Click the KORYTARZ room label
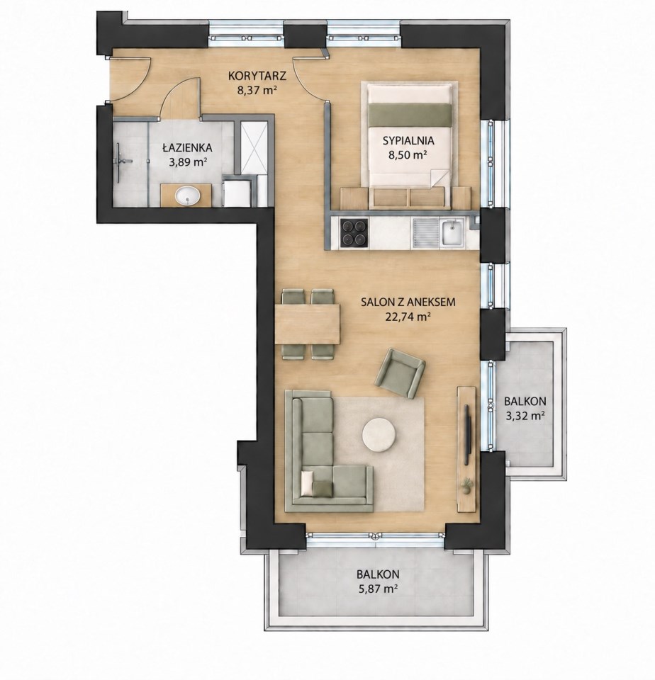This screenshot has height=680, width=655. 257,76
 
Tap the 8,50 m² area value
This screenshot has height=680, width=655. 408,154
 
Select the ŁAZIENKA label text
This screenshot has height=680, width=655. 188,148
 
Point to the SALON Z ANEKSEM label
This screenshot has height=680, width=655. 408,302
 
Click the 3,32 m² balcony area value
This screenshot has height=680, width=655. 525,416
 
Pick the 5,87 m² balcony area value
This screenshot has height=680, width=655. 378,589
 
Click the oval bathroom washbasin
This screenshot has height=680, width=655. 188,195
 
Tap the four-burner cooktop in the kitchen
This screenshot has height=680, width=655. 354,233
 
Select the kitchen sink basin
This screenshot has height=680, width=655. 452,233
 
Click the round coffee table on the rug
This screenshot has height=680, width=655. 379,435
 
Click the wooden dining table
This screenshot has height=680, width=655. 308,324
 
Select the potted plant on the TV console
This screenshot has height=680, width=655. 466,485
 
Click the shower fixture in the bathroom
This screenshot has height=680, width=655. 122,161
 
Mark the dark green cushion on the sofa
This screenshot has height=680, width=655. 323,488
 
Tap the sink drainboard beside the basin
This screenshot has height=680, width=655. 425,233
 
